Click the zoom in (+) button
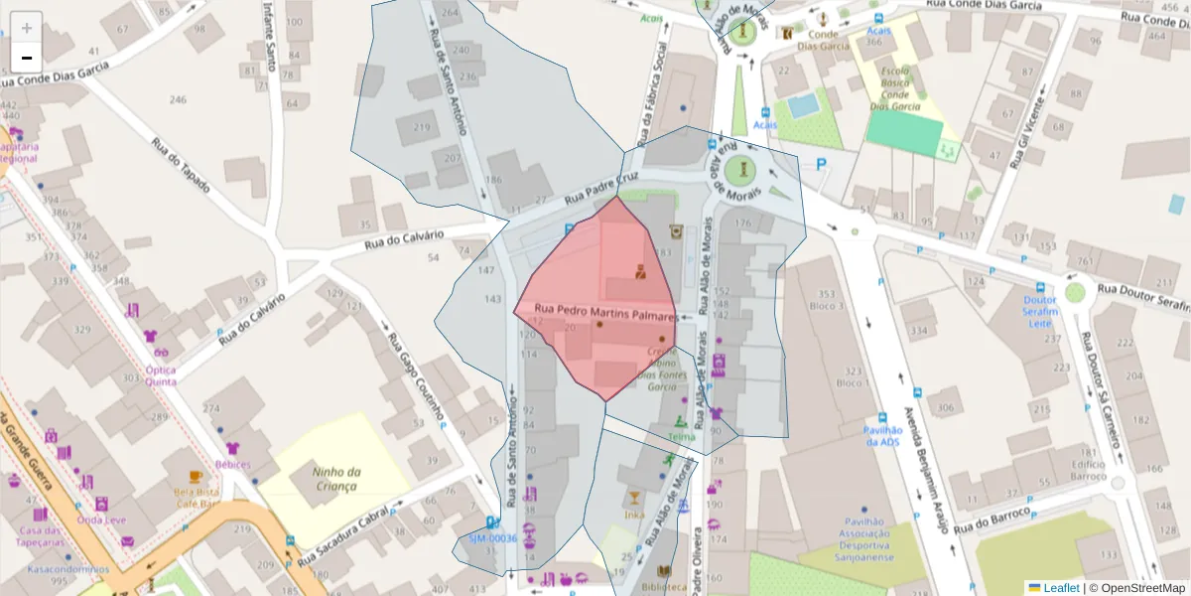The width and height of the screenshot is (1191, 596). [x=27, y=27]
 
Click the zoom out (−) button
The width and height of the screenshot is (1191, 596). [x=27, y=57]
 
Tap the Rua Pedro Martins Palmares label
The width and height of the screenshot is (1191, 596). [x=605, y=313]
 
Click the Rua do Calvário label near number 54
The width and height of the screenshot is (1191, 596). [x=403, y=238]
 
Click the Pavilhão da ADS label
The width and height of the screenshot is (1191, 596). [x=882, y=435]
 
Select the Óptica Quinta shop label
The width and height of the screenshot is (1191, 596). [x=161, y=374]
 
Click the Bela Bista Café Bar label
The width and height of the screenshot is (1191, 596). [x=196, y=497]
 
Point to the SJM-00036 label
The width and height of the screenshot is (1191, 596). [x=493, y=538]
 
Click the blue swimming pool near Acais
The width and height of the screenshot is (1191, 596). [x=803, y=104]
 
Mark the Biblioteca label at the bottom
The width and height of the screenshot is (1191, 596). [x=663, y=587]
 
